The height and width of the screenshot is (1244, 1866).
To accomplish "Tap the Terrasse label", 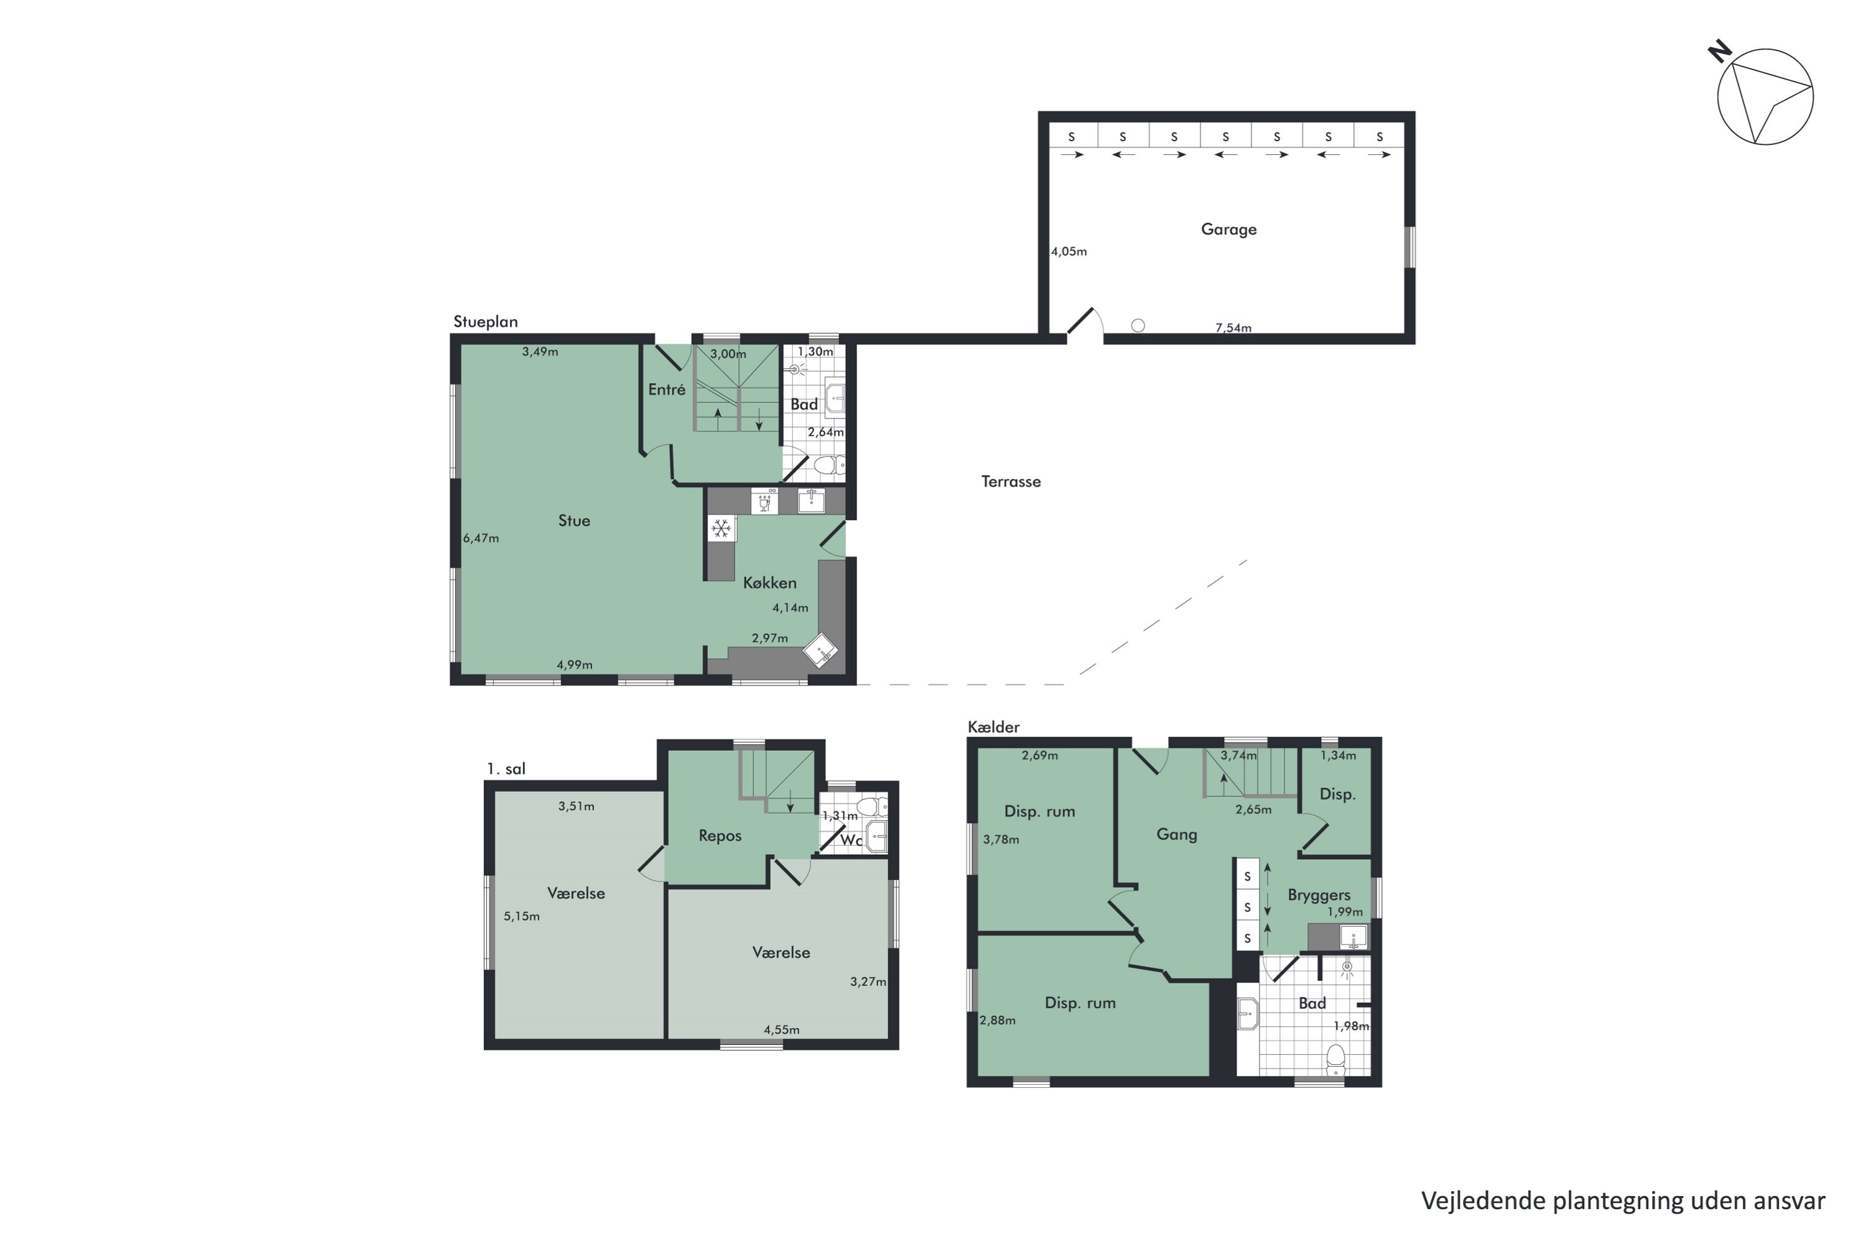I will click(1010, 481).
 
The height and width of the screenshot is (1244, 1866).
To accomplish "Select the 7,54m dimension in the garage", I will click(1233, 328).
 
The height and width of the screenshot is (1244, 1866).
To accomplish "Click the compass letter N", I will click(1719, 52).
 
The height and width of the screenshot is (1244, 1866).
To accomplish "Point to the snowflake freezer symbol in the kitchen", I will click(720, 528).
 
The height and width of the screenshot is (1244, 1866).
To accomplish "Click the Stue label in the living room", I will click(573, 521).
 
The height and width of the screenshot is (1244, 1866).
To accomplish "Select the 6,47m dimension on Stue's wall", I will click(481, 538).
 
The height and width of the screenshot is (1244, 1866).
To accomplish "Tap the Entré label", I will click(666, 389).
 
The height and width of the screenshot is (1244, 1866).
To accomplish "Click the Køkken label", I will click(769, 582).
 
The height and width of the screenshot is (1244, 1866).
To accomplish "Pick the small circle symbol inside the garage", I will click(1138, 325).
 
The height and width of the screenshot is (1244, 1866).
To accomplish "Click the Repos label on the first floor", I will click(720, 835).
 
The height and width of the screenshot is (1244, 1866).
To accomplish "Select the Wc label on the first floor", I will click(850, 840).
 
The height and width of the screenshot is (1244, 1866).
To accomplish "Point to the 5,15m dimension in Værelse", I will click(521, 916).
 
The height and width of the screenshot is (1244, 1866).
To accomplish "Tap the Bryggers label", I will click(1319, 895).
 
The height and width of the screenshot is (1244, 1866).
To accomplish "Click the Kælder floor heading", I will click(993, 726).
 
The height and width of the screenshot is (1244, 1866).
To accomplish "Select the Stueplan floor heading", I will click(486, 322).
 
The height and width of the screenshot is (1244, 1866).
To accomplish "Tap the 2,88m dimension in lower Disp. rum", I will click(996, 1020).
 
